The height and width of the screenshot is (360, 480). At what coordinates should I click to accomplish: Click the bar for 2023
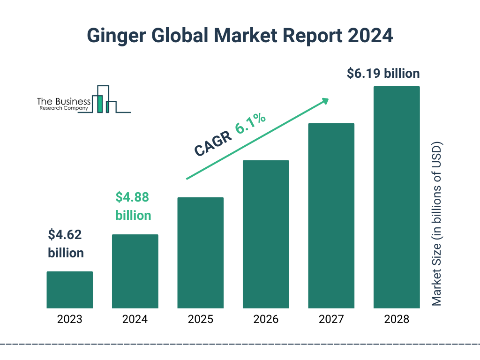tap(69, 290)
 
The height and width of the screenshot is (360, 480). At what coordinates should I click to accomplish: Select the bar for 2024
tap(135, 271)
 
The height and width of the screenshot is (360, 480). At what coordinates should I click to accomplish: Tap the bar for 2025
tap(200, 253)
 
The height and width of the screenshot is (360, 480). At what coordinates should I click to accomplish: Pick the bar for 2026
tap(266, 234)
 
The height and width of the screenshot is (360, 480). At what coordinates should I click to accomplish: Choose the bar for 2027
tap(331, 216)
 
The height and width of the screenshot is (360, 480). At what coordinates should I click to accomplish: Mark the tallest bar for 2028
tap(397, 197)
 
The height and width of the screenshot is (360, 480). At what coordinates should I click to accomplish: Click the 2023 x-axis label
tap(69, 320)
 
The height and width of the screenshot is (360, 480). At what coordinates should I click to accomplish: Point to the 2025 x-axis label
tap(200, 320)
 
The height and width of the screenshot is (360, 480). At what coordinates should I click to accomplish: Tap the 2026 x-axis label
tap(266, 320)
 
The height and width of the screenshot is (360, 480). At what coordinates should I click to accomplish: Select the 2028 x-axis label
tap(397, 320)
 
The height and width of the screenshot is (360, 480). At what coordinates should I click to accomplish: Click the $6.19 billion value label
tap(383, 74)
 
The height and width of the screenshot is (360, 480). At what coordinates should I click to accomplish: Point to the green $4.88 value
tap(132, 197)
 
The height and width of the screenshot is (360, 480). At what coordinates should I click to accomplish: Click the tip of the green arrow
tap(328, 99)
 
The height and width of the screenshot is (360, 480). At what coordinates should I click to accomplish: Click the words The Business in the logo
tap(64, 101)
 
